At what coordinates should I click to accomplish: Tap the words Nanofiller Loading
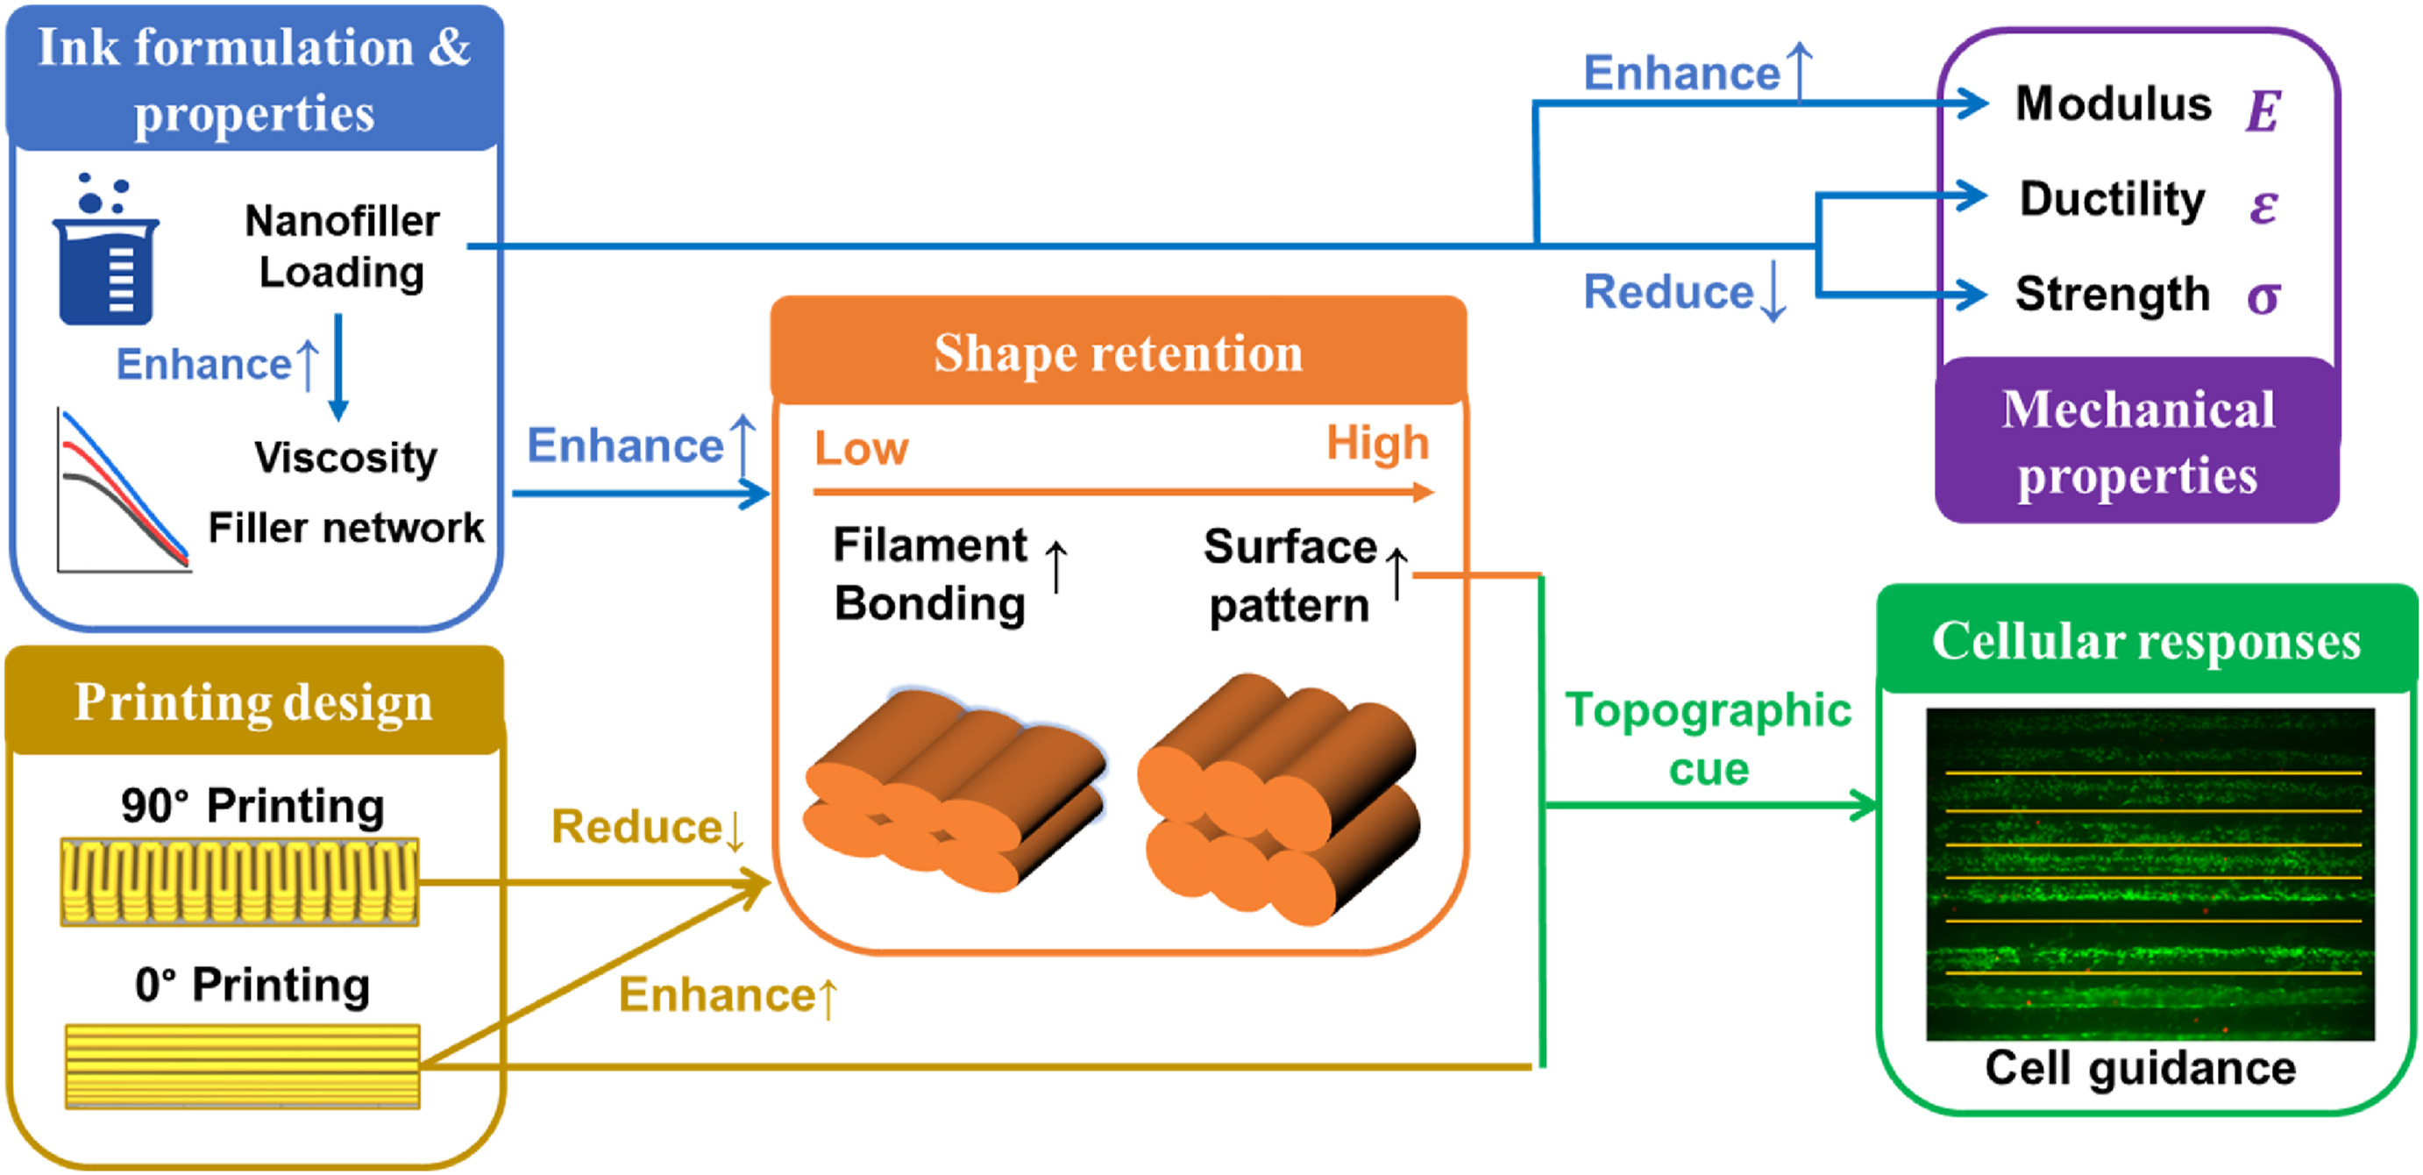pos(343,246)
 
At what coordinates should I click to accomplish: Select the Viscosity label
pos(345,458)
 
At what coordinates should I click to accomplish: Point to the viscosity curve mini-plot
pos(122,491)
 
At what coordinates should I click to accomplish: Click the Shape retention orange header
pos(1118,352)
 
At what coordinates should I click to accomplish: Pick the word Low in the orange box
pos(861,448)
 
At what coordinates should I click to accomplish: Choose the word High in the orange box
pos(1377,443)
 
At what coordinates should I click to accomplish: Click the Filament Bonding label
pos(930,573)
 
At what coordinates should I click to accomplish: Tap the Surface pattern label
pos(1290,576)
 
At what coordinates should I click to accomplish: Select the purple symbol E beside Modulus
pos(2263,111)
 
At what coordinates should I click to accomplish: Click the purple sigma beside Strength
pos(2263,297)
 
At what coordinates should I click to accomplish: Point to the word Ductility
pos(2112,199)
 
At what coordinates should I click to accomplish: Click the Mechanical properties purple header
pos(2137,442)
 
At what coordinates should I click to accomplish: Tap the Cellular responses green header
pos(2147,642)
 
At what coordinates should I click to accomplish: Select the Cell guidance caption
pos(2140,1068)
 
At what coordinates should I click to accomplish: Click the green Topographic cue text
pos(1709,738)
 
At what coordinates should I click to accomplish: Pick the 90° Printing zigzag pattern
pos(240,881)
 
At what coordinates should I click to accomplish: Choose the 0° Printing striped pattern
pos(242,1066)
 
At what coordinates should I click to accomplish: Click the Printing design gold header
pos(254,701)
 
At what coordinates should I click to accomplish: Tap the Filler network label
pos(345,528)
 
